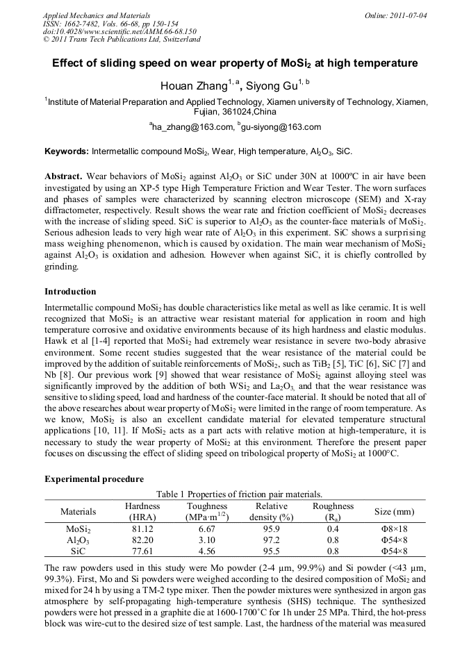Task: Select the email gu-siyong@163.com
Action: click(282, 127)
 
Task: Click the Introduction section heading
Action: click(70, 291)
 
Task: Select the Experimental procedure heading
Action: click(94, 479)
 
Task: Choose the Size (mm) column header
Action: click(394, 512)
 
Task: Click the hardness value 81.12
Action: click(142, 528)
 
